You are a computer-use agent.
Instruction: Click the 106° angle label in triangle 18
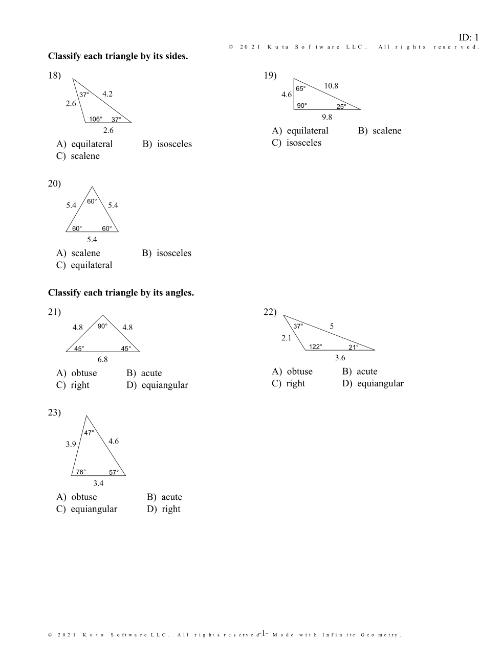96,119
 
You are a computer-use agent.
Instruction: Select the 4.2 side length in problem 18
107,94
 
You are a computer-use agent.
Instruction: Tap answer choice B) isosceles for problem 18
167,144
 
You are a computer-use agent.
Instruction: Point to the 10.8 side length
331,86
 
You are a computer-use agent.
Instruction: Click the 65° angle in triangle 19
301,88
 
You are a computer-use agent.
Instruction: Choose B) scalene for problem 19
380,131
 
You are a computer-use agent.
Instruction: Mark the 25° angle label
341,106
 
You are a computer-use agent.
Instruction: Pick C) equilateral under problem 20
84,265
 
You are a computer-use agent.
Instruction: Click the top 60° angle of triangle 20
92,201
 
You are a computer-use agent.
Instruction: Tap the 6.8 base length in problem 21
103,359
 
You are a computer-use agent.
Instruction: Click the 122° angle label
316,346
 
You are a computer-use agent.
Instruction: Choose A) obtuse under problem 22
292,372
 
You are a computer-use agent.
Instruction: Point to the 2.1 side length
287,338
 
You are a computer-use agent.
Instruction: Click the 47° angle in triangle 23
89,432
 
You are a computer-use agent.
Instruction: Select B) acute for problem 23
164,497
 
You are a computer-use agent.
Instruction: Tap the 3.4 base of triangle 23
98,483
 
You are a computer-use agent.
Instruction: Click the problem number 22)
270,312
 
